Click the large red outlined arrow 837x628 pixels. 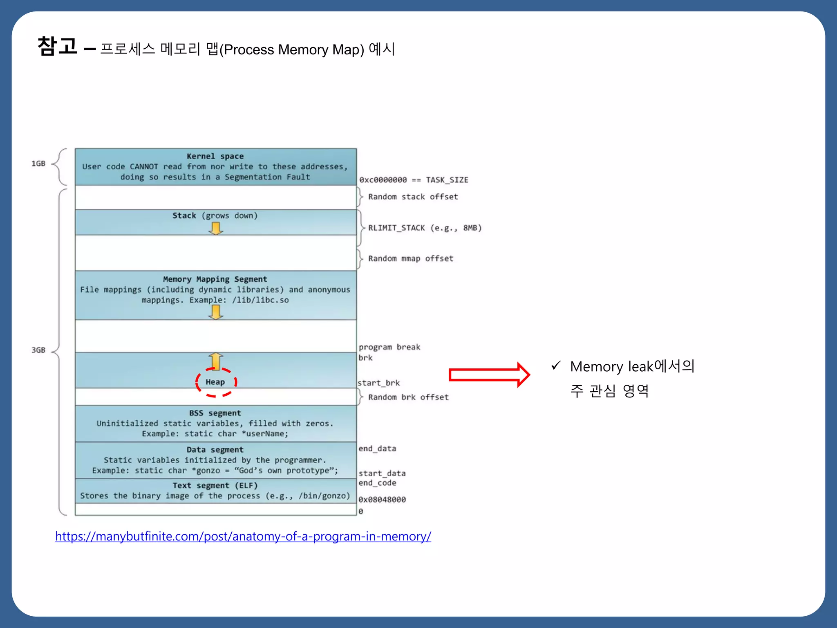pos(489,375)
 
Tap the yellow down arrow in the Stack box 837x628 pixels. pos(216,228)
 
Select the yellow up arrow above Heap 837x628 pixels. pos(216,361)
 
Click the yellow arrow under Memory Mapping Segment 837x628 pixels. pos(216,312)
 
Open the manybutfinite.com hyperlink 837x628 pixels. pos(243,536)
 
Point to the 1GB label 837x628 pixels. pos(38,164)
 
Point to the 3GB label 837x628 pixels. pos(38,350)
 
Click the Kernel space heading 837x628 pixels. pos(215,156)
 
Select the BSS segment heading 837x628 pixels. pos(215,413)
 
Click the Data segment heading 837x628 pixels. pos(215,450)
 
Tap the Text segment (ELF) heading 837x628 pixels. pos(215,485)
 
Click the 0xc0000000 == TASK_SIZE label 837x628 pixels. pos(414,180)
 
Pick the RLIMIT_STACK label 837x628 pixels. pos(425,228)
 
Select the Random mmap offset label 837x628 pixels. pos(411,258)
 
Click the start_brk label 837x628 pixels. pos(379,383)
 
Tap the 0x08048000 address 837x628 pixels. pos(382,500)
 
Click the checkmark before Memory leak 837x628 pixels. pos(555,365)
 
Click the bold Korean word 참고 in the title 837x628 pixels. pos(57,46)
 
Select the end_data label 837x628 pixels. pos(377,449)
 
